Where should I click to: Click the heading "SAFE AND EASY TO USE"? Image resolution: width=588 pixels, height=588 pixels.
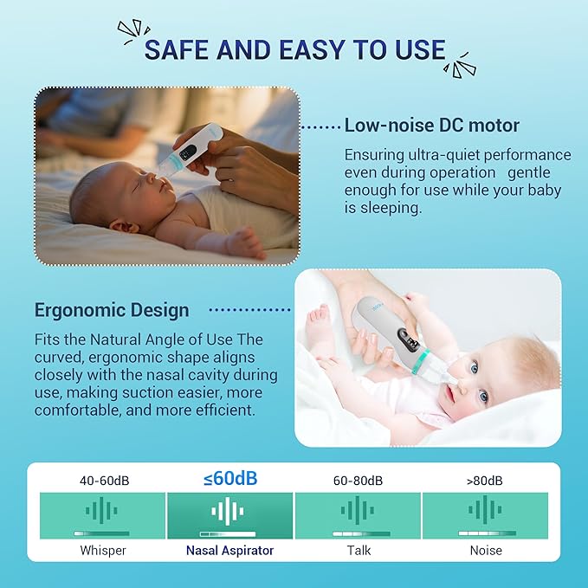[294, 48]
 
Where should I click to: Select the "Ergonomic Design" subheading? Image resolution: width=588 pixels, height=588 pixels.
[112, 309]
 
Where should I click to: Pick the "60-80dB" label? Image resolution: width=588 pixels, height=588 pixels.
[358, 480]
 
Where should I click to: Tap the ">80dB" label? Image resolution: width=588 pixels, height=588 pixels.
[485, 480]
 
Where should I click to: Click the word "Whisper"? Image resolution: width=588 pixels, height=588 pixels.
[102, 550]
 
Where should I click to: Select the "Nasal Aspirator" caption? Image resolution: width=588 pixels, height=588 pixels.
[229, 550]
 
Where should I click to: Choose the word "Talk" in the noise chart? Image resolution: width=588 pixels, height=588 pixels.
[358, 550]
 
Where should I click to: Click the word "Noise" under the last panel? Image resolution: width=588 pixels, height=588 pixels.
[485, 550]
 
